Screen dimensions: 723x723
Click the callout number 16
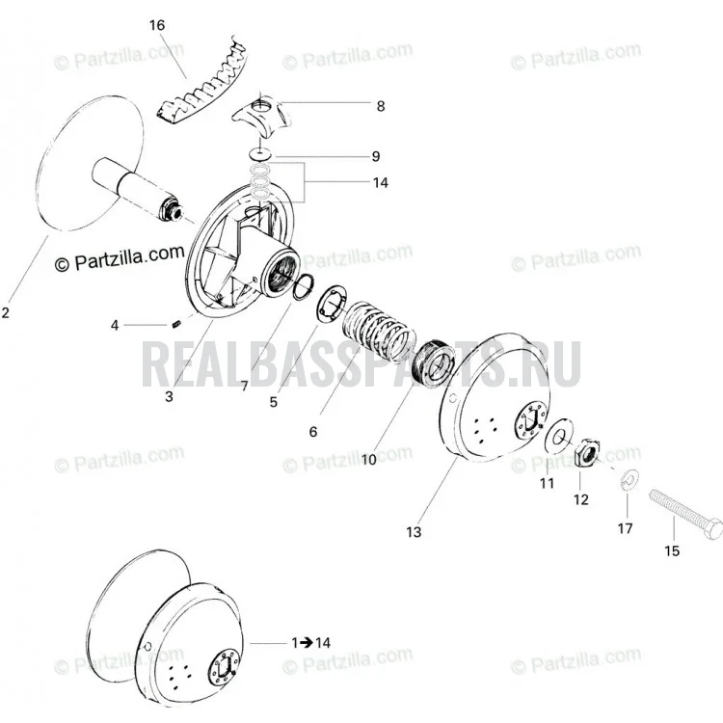coord(157,25)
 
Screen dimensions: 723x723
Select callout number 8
coord(381,106)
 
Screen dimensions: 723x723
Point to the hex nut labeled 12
coord(588,452)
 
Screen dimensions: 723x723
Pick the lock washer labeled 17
coord(629,478)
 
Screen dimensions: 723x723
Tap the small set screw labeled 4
coord(175,325)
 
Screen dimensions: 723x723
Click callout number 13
coord(414,532)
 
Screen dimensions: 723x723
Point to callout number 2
coord(5,312)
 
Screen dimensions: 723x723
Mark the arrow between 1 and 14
coord(307,642)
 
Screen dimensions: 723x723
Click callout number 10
coord(369,460)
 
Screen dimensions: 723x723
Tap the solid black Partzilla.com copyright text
coord(120,258)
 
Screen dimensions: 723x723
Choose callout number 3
coord(169,396)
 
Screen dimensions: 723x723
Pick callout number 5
coord(274,402)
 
